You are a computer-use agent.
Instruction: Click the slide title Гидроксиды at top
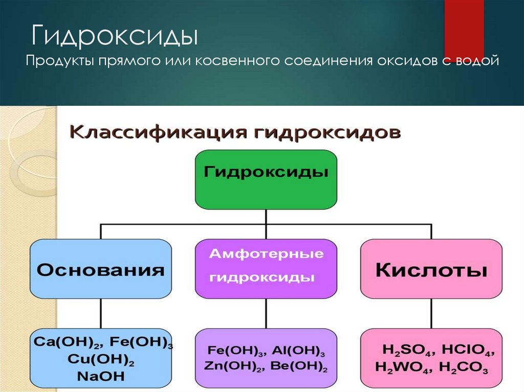[115, 37]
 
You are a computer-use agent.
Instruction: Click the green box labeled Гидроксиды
[266, 179]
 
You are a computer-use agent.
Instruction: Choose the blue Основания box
[101, 269]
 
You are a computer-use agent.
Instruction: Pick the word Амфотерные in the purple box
[266, 254]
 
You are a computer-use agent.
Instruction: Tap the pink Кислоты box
[431, 269]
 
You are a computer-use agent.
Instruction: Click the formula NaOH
[101, 376]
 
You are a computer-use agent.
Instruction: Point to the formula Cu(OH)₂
[101, 359]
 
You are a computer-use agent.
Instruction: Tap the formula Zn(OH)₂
[232, 366]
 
